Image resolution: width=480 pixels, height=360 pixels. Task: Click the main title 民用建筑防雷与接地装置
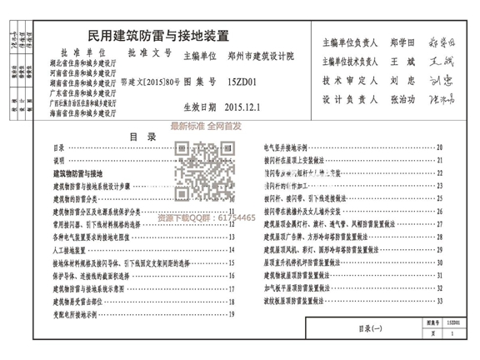coord(157,37)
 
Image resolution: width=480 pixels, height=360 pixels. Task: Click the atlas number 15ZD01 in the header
coord(242,83)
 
